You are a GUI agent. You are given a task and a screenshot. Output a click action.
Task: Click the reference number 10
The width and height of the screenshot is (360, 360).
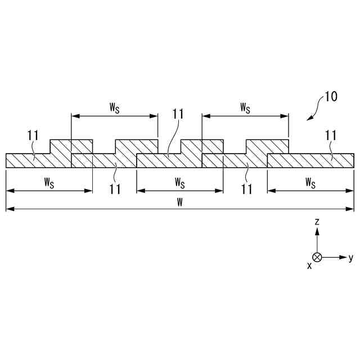coord(331,97)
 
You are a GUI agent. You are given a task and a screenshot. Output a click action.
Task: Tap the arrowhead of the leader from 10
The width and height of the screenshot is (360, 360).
coord(308,119)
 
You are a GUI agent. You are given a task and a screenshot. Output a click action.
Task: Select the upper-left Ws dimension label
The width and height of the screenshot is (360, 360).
coord(114,107)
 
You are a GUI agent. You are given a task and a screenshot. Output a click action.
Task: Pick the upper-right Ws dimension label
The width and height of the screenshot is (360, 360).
coord(245,107)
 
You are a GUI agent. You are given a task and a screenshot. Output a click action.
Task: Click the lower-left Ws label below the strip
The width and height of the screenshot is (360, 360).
coord(49,182)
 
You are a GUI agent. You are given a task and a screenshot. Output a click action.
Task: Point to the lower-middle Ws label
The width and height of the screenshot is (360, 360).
coord(179,182)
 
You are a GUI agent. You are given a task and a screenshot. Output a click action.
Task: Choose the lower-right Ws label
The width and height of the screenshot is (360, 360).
coord(310,182)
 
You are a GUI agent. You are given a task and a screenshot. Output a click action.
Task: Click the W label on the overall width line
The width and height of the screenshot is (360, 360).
coord(179,202)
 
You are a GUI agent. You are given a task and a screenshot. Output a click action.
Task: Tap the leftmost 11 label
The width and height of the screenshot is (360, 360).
coord(33,135)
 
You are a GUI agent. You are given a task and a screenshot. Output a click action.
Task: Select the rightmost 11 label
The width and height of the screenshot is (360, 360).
coord(331,135)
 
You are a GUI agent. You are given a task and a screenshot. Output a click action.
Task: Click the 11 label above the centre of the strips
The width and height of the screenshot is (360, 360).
coord(178,114)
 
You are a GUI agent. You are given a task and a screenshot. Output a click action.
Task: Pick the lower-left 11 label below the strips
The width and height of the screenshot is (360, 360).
coord(115,189)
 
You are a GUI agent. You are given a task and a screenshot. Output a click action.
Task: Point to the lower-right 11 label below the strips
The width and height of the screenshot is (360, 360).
coord(246,189)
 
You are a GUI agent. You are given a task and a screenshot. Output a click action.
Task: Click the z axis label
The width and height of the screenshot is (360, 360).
coord(317,222)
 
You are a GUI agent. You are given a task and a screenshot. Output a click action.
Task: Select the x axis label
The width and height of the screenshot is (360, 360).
coord(309,265)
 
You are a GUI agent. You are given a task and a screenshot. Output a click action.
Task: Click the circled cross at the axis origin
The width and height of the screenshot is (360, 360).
coord(317,257)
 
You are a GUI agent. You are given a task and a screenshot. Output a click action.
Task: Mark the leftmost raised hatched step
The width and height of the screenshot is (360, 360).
coord(61,146)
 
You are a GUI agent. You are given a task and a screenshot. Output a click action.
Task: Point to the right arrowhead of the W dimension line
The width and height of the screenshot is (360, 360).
coord(351,209)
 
